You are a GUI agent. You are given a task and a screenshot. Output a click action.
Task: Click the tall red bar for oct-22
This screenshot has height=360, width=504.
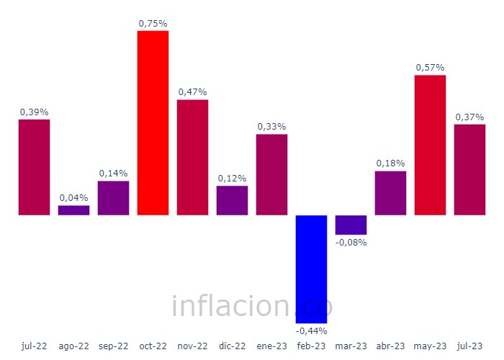point(153,122)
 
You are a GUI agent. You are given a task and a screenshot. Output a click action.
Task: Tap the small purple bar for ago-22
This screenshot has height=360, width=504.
point(73,210)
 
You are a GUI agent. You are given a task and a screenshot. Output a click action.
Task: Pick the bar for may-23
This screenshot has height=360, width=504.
point(430,145)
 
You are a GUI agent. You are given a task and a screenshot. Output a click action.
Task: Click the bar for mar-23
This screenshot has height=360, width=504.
point(351,225)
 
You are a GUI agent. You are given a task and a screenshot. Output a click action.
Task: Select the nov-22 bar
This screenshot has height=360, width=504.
point(192,157)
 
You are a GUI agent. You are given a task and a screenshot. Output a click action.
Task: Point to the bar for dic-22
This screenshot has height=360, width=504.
point(232,200)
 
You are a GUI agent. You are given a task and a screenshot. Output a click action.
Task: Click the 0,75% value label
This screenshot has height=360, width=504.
point(153,24)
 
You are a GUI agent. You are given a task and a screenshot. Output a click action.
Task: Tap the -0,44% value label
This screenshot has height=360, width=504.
point(311,330)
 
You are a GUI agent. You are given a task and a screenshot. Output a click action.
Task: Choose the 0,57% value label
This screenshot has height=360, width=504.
point(430,68)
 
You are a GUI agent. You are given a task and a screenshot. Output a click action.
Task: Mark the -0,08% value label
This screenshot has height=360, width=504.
point(351,243)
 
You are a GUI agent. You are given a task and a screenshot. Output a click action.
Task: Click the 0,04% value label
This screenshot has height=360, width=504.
point(73,197)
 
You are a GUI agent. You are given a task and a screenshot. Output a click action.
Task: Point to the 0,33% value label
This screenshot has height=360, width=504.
point(271,127)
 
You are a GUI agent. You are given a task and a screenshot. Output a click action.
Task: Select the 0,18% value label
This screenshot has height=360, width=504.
point(390,163)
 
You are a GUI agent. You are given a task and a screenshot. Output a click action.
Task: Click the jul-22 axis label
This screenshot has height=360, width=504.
point(34,346)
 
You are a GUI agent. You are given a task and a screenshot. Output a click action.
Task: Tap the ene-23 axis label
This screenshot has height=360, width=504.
point(271,346)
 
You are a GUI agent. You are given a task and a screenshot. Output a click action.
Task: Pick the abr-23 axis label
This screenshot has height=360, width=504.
point(390,346)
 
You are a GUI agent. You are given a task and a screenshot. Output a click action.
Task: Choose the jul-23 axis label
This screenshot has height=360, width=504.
point(469,346)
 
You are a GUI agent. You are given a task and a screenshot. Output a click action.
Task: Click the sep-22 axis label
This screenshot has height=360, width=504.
point(113,346)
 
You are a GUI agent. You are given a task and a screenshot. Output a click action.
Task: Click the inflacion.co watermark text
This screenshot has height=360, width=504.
point(252,307)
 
